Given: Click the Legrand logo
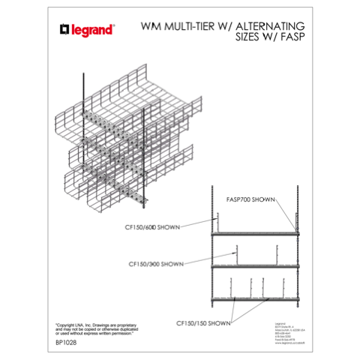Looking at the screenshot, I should click(x=87, y=30).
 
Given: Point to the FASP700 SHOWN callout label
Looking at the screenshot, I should click(x=250, y=199).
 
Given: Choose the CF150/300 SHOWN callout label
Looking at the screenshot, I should click(x=156, y=263).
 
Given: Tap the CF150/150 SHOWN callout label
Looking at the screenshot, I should click(x=203, y=323).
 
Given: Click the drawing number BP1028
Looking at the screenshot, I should click(x=67, y=344).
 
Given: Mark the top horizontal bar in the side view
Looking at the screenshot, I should click(x=253, y=234).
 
